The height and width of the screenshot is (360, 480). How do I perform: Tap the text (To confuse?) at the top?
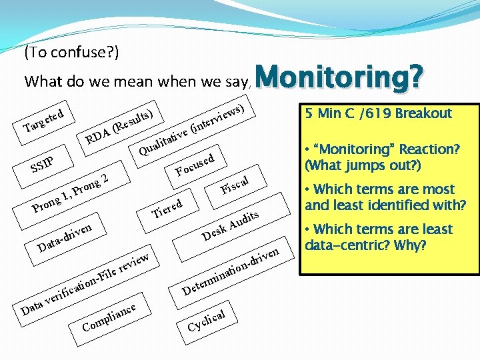point(71,52)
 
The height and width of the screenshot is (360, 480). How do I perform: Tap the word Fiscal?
point(235,184)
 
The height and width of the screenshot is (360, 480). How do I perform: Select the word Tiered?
point(167,207)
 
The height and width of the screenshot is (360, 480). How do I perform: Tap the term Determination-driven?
point(230,271)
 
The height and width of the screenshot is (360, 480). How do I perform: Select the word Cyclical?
point(211,319)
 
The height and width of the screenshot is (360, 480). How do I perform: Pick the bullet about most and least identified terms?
point(385,197)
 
